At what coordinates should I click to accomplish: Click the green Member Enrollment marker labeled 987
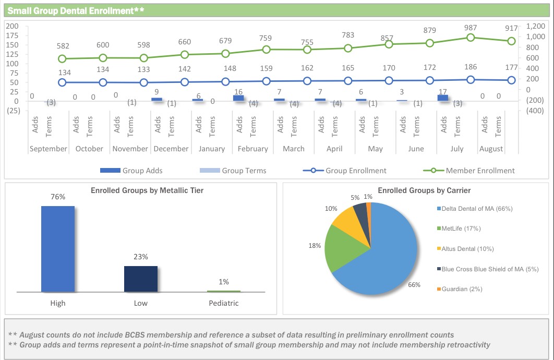click(471, 38)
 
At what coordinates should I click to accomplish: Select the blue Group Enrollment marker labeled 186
click(471, 79)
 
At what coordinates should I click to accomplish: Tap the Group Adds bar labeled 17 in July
click(443, 98)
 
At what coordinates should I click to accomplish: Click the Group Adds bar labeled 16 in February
click(238, 98)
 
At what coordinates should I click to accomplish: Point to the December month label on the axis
click(171, 149)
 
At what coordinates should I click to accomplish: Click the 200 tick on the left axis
click(13, 26)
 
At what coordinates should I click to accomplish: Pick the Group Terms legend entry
click(233, 171)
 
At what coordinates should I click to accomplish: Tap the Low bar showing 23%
click(140, 279)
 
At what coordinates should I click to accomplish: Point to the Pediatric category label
click(223, 303)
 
